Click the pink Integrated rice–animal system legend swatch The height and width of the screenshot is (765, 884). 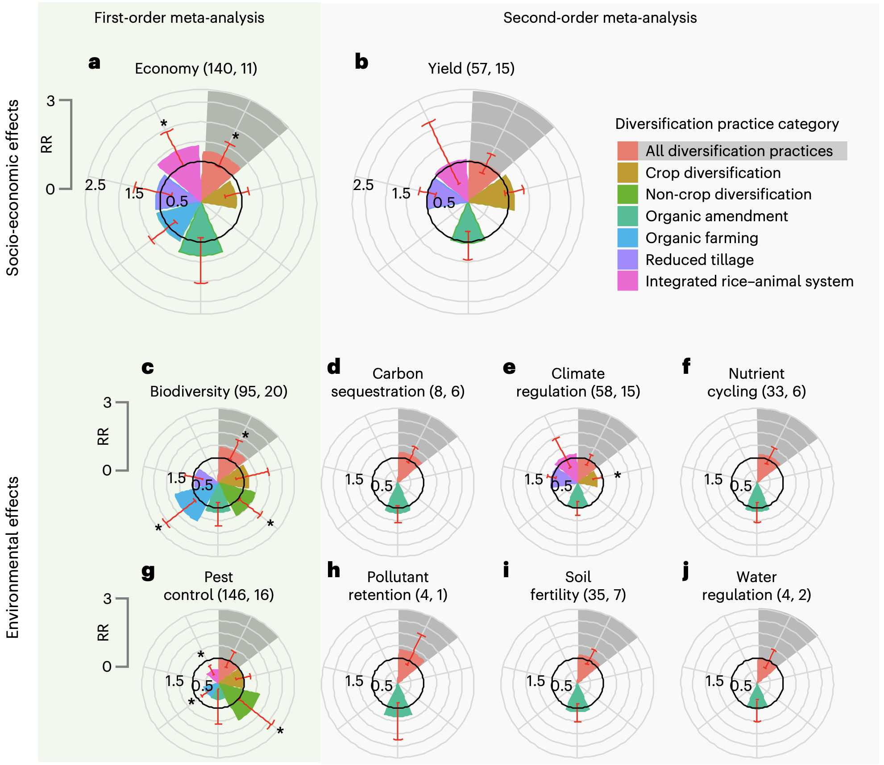(627, 281)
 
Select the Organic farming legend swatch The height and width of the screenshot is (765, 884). (627, 238)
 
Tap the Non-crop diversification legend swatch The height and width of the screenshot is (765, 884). (627, 194)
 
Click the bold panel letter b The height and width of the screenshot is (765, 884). (361, 62)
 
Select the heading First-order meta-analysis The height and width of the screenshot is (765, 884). (179, 18)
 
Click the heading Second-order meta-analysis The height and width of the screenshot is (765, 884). (600, 18)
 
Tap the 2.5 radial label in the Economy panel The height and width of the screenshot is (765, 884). (95, 185)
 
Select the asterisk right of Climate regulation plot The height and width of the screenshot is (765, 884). (617, 476)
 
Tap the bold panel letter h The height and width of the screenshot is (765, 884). (333, 571)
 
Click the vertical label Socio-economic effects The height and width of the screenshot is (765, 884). (12, 187)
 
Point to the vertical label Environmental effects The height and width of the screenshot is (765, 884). (12, 558)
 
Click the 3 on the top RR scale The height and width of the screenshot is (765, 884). (50, 101)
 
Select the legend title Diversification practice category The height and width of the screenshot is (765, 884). (726, 124)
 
